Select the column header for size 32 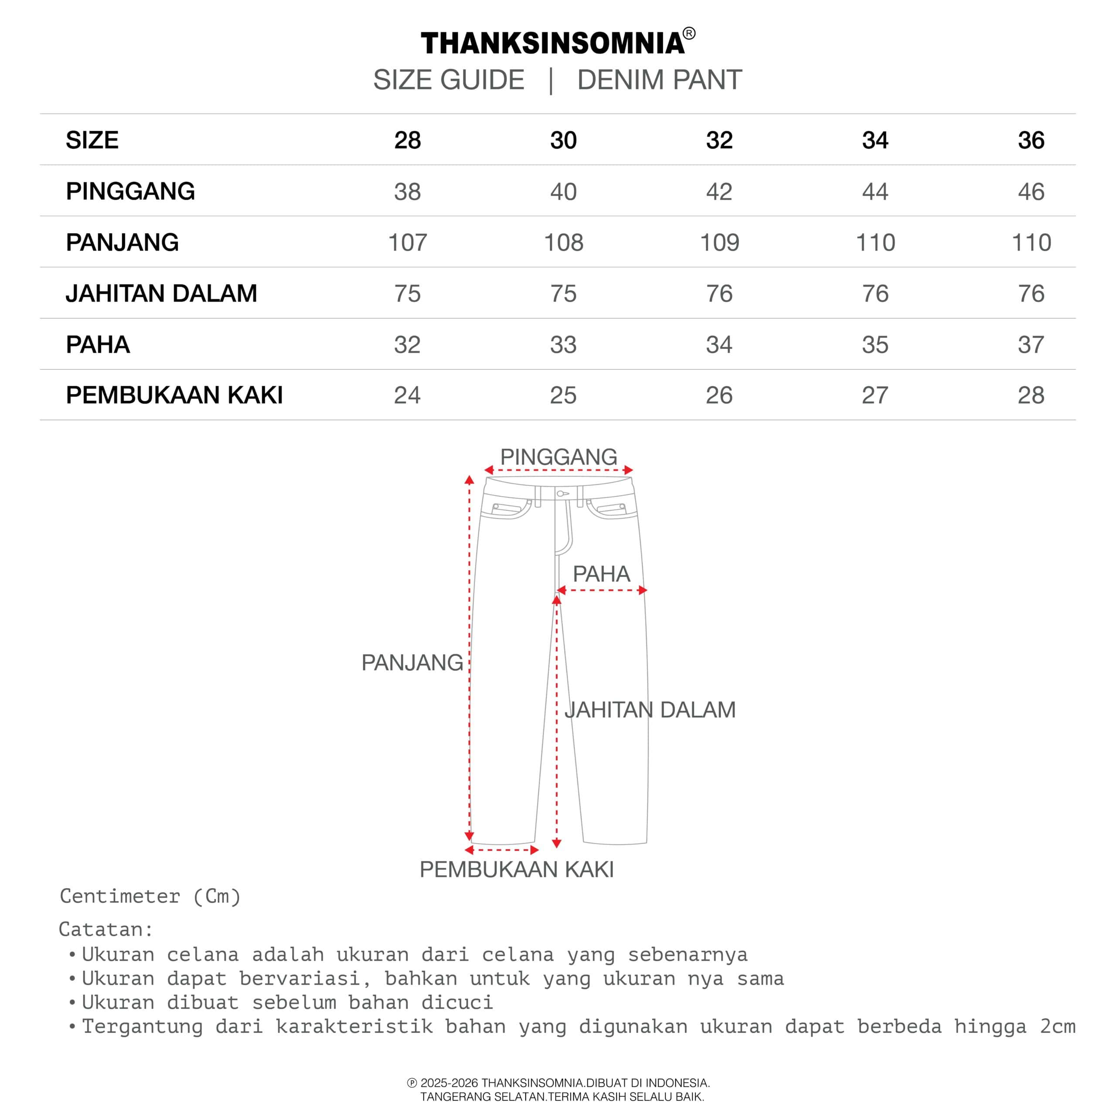tap(719, 140)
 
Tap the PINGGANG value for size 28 tap(407, 192)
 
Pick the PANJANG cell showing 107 tap(407, 243)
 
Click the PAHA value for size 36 tap(1031, 345)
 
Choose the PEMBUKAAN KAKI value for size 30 tap(563, 396)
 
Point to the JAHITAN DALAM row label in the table tap(161, 293)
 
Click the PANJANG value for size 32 tap(719, 243)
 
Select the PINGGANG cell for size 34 tap(875, 192)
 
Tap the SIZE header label tap(92, 140)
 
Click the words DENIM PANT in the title tap(659, 80)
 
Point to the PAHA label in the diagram tap(601, 574)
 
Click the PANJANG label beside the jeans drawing tap(412, 663)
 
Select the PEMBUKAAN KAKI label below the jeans tap(517, 869)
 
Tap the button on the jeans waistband tap(560, 494)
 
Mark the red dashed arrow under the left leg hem tap(501, 850)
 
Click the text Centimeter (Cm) tap(150, 896)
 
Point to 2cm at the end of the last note tap(1058, 1027)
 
